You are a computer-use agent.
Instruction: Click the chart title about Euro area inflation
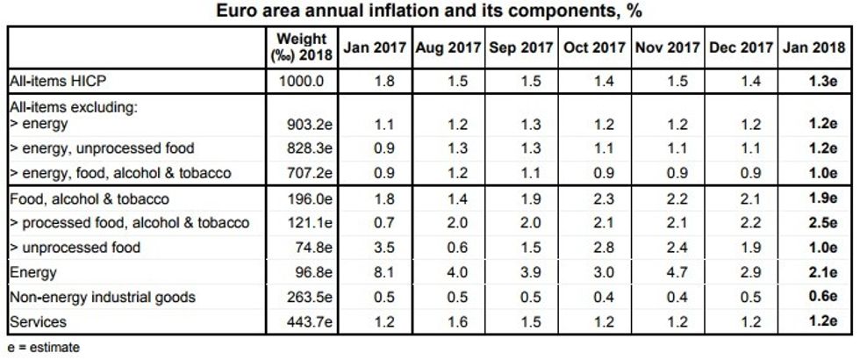pos(429,12)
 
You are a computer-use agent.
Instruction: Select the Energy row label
pos(32,273)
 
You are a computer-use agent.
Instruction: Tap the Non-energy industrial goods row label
pos(96,298)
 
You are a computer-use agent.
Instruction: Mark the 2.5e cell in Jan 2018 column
pos(821,224)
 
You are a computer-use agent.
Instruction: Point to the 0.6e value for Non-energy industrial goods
pos(821,298)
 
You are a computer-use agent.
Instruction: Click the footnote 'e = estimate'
pos(43,348)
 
